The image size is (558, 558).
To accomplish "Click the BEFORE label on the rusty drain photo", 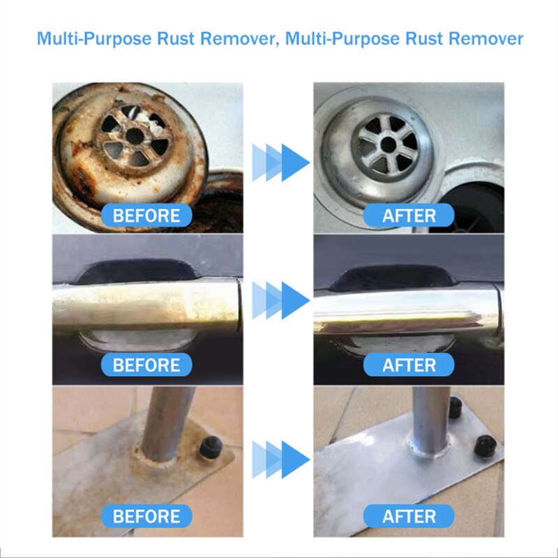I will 146,216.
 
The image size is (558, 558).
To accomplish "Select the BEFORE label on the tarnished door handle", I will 146,365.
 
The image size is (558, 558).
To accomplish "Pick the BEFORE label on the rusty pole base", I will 146,517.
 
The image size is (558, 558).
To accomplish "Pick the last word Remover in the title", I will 485,38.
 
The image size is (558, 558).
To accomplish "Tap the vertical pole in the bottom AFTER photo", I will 425,418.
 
